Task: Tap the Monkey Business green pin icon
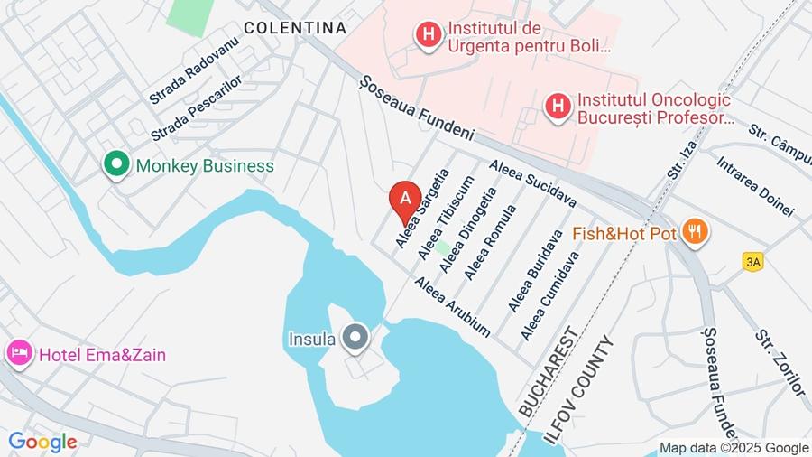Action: (115, 165)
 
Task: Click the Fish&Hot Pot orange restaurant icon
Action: (694, 232)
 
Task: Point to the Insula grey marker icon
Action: (356, 340)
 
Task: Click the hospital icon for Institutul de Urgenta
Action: (429, 35)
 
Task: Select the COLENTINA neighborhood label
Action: (295, 28)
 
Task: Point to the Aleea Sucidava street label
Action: (532, 183)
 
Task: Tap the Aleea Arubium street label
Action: (452, 306)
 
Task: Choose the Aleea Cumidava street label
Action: (549, 295)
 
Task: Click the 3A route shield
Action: (752, 261)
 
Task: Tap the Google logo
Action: (42, 442)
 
